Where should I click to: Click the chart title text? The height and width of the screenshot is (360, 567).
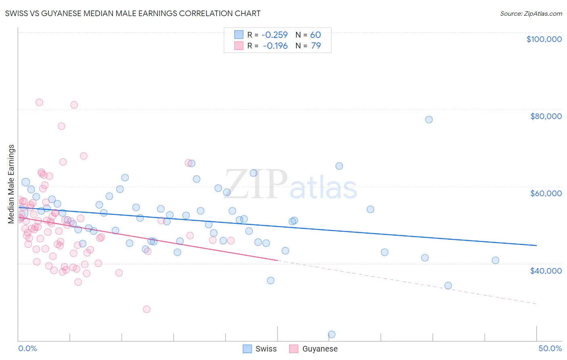point(133,13)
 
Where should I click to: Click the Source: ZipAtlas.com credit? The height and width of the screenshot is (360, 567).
point(531,13)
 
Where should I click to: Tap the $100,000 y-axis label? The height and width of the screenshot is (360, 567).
point(544,39)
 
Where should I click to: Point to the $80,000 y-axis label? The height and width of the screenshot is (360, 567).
point(546,116)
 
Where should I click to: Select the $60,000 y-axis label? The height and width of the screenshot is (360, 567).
point(546,193)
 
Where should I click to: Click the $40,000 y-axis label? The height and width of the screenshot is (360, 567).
point(546,270)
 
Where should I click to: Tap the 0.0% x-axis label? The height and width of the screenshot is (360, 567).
point(27,348)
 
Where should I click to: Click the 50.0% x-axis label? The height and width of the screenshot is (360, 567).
point(550,348)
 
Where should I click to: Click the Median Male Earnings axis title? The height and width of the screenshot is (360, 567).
point(11,184)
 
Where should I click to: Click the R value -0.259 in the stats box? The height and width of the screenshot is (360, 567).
point(275,35)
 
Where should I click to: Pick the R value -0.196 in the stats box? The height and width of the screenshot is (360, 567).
point(275,46)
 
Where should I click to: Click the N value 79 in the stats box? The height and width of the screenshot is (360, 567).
point(316,46)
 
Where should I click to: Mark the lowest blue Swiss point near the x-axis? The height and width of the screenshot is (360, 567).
point(331,334)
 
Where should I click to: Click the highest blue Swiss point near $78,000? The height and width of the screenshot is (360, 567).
point(429,119)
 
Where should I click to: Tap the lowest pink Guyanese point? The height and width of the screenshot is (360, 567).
point(146,309)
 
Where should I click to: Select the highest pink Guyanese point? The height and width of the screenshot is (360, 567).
point(39,102)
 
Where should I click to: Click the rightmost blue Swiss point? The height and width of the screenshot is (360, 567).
point(495,260)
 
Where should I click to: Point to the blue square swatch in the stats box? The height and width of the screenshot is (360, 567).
point(239,35)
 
